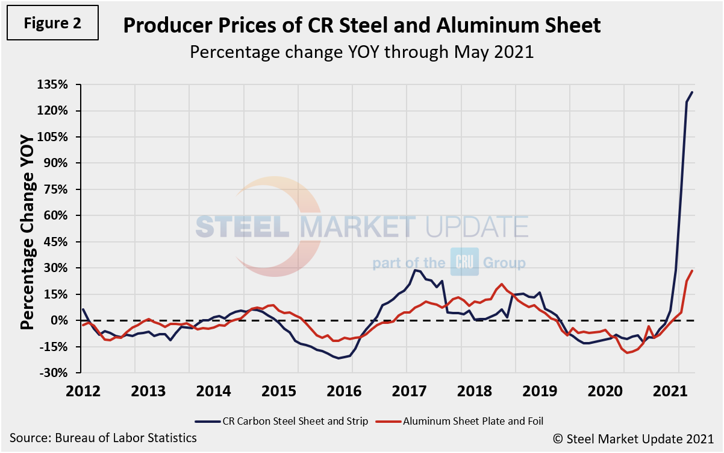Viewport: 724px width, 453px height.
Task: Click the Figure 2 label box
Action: tap(52, 23)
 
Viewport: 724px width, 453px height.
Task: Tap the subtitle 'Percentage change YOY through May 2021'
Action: tap(361, 51)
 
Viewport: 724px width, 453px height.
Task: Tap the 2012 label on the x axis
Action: tap(83, 390)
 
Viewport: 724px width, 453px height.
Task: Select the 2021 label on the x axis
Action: tap(679, 390)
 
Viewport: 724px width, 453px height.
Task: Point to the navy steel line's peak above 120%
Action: tap(692, 92)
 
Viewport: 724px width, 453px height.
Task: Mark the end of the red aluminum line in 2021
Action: tap(692, 270)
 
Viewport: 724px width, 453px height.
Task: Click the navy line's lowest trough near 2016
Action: tap(339, 358)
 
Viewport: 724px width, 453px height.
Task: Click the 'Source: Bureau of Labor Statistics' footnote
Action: tap(103, 437)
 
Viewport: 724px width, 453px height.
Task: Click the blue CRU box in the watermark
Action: tap(464, 262)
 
